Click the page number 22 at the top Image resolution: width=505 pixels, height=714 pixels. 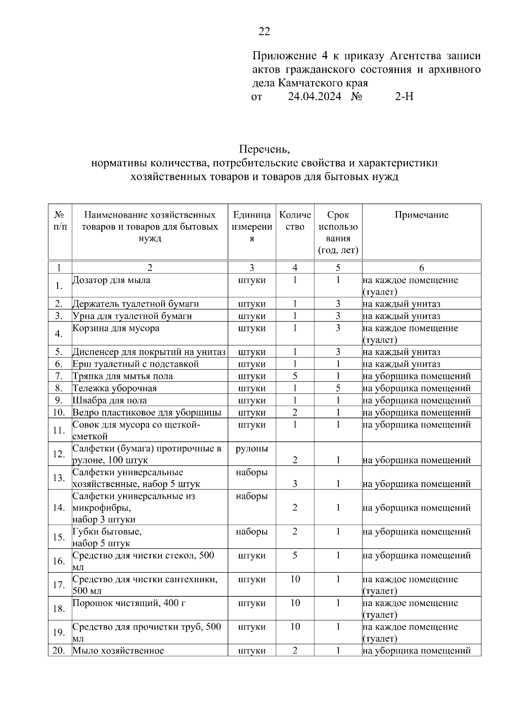264,32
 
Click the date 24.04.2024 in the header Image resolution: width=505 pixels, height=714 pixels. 314,97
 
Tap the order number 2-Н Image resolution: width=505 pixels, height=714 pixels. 404,97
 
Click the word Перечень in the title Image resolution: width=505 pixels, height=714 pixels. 264,149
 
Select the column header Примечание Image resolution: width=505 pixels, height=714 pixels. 421,215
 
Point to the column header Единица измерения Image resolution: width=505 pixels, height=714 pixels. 252,227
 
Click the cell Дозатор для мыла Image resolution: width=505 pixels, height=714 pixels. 112,280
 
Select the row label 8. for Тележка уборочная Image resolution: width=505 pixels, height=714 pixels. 58,388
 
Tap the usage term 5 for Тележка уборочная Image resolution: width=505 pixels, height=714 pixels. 338,388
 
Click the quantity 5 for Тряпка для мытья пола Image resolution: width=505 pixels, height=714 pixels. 295,376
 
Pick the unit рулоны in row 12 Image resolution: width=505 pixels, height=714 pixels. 252,448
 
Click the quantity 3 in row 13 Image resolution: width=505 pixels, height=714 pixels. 295,484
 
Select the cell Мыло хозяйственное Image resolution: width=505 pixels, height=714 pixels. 118,651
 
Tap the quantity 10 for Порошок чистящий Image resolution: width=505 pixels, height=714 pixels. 295,603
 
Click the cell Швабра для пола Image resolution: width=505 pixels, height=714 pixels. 110,400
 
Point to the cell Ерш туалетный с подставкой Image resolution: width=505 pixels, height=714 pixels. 136,364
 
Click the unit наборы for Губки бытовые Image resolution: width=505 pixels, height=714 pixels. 252,532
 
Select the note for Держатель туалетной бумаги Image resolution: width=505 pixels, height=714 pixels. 401,304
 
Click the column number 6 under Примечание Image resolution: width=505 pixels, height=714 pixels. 421,268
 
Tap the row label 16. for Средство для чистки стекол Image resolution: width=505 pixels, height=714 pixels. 58,561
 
